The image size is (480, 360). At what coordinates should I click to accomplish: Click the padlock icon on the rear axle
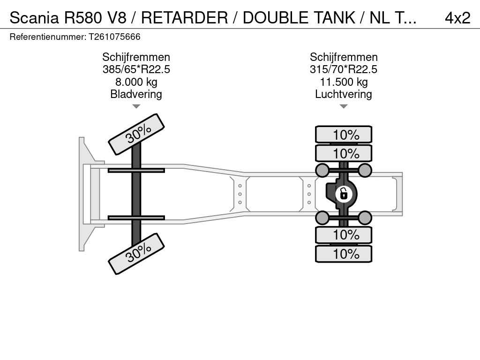(344, 193)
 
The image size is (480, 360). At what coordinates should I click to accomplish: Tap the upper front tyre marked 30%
(136, 134)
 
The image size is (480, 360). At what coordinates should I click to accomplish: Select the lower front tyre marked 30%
(136, 254)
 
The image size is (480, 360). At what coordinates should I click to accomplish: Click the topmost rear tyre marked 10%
(344, 135)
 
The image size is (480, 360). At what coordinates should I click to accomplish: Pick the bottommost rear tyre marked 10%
(344, 254)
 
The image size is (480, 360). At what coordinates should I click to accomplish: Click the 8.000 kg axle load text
(136, 82)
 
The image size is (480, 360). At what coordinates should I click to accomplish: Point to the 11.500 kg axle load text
(344, 82)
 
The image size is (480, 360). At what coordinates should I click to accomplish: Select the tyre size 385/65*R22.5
(136, 69)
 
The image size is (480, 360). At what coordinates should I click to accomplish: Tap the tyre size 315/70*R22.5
(344, 69)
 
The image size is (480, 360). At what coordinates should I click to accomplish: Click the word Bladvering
(136, 94)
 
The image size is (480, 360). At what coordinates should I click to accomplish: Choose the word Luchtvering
(344, 94)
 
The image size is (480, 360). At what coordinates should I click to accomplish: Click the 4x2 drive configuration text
(457, 18)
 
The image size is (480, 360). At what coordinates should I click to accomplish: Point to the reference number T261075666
(114, 37)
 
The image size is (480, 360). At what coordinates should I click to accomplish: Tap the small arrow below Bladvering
(136, 106)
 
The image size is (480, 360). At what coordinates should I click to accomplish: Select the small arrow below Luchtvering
(344, 106)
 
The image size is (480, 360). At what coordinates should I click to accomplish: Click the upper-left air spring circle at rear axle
(322, 170)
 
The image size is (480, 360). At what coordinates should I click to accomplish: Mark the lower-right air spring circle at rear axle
(365, 217)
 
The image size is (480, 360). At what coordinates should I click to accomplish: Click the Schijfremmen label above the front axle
(136, 57)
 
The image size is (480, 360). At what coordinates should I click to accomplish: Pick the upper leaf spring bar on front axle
(136, 170)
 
